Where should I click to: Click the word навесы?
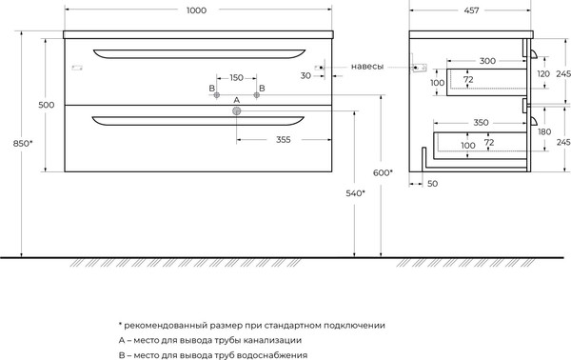367,67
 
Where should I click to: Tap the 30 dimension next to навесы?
305,74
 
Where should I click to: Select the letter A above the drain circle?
237,100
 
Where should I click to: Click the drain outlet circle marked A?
237,111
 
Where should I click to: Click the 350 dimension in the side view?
482,122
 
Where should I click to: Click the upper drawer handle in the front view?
197,50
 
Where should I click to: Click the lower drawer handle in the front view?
197,120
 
